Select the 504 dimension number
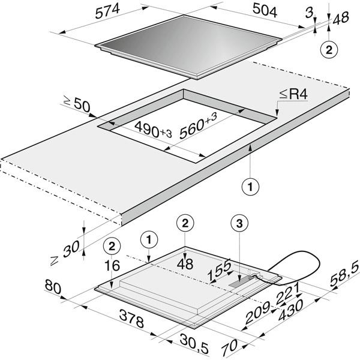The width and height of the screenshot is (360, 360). (265, 11)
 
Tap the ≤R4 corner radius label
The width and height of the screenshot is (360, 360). (293, 94)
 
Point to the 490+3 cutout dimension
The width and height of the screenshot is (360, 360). (153, 130)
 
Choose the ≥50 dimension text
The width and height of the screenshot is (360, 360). (77, 104)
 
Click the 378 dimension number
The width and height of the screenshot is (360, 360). (132, 319)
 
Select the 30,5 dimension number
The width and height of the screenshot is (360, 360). (194, 343)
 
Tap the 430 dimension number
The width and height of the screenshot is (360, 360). (290, 310)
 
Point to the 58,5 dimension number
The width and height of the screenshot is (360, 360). (344, 275)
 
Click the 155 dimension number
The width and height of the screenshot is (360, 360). (219, 270)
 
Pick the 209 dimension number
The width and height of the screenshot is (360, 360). (257, 313)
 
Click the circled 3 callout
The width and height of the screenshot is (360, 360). (239, 223)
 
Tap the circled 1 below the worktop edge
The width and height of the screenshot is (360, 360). (250, 187)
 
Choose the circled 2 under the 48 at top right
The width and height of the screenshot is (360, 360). (329, 50)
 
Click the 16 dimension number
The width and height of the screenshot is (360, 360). (112, 265)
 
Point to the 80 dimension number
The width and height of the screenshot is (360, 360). (53, 287)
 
